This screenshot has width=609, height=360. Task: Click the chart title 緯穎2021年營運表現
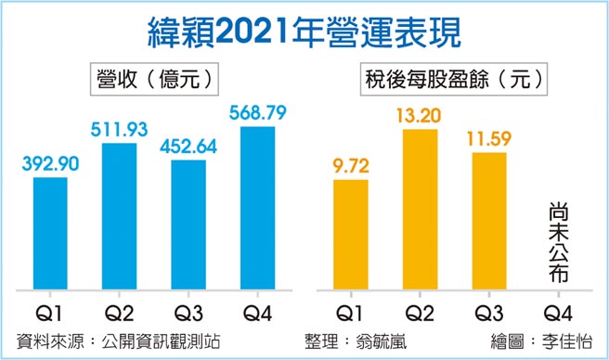[304, 31]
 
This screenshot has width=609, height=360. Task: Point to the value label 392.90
[49, 163]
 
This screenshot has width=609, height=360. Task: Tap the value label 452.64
[188, 147]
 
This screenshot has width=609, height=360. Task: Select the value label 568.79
[257, 112]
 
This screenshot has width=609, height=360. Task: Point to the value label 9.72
[350, 166]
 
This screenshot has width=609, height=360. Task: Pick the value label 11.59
[488, 139]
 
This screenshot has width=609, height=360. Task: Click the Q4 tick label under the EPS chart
[557, 313]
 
